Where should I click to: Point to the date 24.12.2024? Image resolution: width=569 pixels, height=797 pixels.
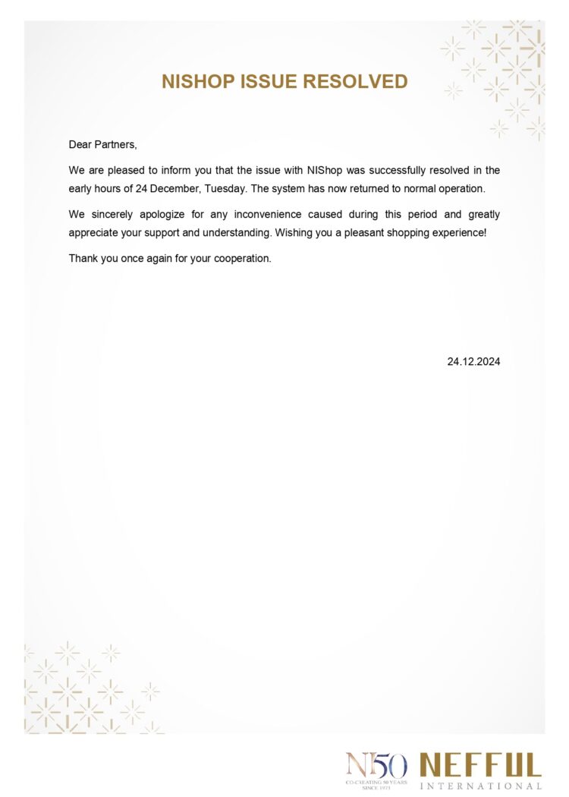click(x=473, y=362)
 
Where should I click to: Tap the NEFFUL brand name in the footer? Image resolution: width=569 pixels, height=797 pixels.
click(x=480, y=764)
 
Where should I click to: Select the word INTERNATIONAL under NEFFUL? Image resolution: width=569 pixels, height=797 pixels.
click(x=480, y=786)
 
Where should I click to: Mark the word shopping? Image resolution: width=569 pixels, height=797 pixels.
click(x=414, y=232)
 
